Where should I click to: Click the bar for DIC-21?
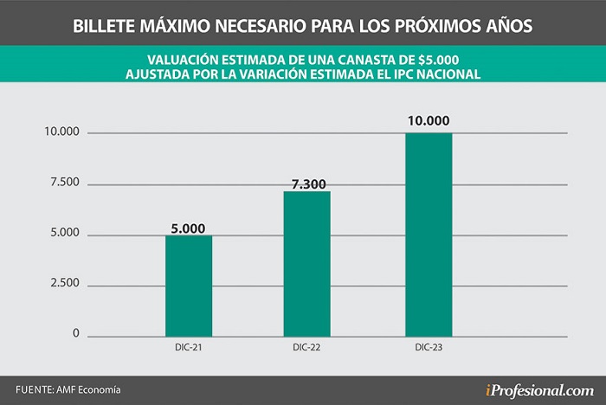click(189, 286)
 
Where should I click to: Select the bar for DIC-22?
click(306, 264)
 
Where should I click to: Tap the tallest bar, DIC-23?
click(429, 235)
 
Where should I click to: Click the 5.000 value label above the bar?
click(188, 228)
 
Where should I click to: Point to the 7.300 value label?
click(309, 184)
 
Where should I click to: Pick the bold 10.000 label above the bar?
click(429, 120)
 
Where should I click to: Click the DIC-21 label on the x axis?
click(188, 347)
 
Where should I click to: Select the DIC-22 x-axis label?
click(306, 347)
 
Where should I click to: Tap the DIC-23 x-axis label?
click(429, 347)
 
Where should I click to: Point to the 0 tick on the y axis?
click(76, 333)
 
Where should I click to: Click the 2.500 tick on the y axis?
click(65, 283)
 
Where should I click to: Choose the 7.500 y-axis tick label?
click(65, 182)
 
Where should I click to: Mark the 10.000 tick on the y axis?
click(61, 132)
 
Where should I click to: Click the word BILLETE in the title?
click(104, 26)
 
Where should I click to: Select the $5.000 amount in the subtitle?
click(439, 60)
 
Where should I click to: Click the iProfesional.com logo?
click(539, 390)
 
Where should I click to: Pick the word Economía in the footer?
click(100, 389)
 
